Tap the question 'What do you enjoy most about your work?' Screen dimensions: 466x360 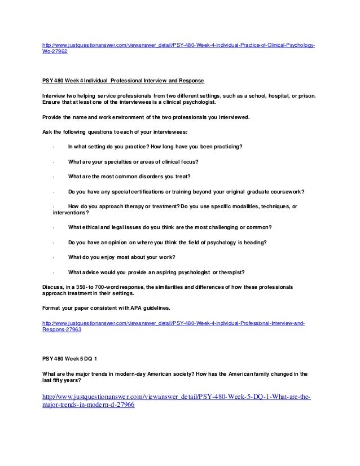[121, 257]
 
